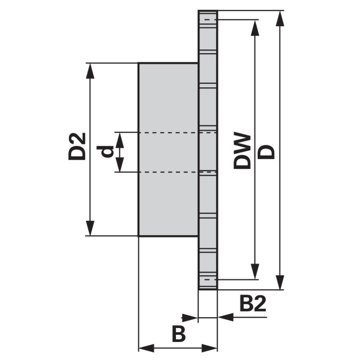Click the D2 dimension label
[x=77, y=146]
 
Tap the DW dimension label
[x=242, y=151]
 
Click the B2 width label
[x=253, y=303]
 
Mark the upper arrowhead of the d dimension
[x=120, y=140]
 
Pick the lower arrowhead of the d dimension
[x=120, y=164]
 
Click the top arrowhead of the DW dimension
[x=255, y=28]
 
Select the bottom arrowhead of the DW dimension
[x=255, y=272]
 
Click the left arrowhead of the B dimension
[x=147, y=348]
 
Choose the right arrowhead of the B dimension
[x=209, y=348]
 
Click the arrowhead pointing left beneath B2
[x=226, y=317]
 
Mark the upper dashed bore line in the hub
[x=177, y=132]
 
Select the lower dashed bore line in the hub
[x=177, y=172]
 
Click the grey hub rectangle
[x=168, y=149]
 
